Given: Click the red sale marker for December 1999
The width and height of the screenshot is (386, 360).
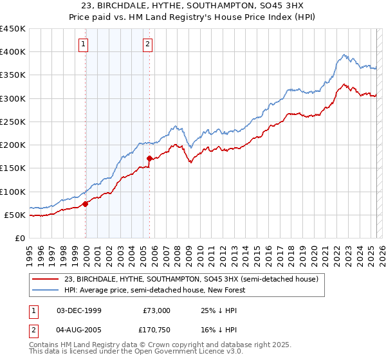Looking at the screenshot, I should (x=86, y=204).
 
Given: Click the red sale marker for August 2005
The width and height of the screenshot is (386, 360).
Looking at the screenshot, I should (x=149, y=158).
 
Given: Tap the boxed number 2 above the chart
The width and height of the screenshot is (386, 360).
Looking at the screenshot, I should (x=147, y=44).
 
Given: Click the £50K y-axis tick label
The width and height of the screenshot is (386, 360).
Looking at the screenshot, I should (x=15, y=215).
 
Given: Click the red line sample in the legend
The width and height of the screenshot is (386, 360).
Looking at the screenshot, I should (x=46, y=279).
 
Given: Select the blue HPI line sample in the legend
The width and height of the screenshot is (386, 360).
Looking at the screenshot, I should (x=46, y=290).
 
